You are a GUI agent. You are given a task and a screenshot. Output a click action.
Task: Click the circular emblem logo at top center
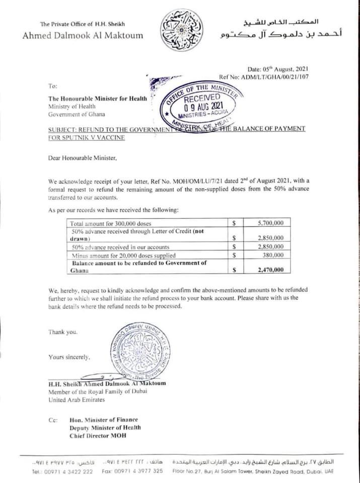click(x=180, y=30)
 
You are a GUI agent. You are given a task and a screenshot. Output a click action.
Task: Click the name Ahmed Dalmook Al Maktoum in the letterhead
click(x=83, y=35)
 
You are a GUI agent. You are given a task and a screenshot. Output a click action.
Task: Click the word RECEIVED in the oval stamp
click(x=202, y=97)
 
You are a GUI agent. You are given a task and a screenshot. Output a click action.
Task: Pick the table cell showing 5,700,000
click(x=270, y=222)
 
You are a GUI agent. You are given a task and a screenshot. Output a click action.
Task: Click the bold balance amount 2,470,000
click(x=270, y=270)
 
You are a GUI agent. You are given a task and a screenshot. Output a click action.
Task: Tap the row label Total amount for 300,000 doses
click(x=111, y=222)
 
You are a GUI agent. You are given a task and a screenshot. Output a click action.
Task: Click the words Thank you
click(x=63, y=332)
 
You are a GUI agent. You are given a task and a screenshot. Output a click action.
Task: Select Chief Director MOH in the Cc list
click(x=98, y=435)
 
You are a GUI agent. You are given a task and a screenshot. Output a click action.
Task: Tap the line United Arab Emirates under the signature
click(x=77, y=400)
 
